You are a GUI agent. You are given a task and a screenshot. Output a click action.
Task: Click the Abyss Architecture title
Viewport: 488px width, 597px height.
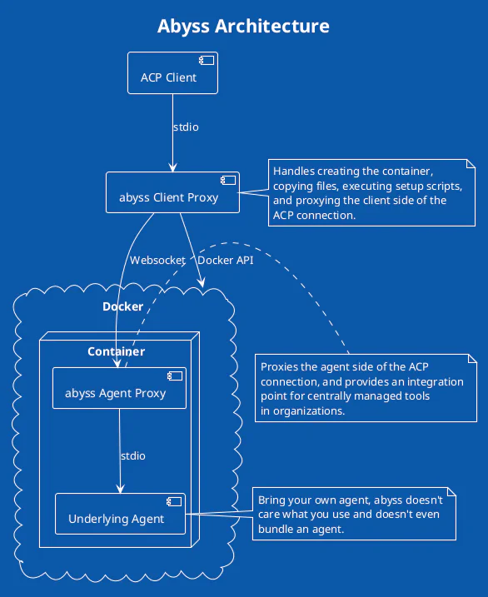coord(243,27)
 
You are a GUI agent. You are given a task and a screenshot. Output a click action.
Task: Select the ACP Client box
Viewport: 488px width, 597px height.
coord(173,72)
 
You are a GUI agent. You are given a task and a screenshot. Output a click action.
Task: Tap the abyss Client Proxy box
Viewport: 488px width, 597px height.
coord(173,192)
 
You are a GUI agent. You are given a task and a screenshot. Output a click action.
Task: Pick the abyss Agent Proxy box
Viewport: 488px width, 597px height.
coord(119,388)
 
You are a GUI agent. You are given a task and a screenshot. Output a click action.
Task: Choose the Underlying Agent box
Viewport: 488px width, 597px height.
coord(120,514)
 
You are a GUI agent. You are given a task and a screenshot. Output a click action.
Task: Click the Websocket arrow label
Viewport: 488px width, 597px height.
coord(157,260)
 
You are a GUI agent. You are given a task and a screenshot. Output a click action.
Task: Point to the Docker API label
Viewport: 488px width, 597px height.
coord(226,260)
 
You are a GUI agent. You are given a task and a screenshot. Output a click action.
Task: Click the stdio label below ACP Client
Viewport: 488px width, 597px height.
coord(186,127)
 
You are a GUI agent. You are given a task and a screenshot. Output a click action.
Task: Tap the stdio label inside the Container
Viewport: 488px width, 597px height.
coord(133,455)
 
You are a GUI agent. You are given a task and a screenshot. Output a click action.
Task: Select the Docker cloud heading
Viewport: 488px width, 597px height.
coord(123,306)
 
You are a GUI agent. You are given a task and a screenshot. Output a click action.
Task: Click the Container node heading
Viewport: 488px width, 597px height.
coord(116,351)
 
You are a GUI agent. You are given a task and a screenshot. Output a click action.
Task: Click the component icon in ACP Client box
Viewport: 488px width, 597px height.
coord(207,60)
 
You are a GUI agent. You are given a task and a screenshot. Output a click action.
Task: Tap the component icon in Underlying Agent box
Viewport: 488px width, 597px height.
coord(174,501)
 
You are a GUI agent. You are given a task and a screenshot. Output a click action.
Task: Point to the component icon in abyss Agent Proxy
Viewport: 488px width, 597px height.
coord(175,376)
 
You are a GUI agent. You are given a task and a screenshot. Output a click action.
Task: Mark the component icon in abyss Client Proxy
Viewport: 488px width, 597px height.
coord(228,180)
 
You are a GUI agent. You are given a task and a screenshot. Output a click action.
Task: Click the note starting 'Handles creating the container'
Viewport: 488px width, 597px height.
coord(372,192)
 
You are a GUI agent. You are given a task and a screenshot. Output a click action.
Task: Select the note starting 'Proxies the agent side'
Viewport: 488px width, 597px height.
coord(366,388)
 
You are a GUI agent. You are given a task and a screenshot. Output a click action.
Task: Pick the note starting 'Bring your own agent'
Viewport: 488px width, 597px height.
coord(354,514)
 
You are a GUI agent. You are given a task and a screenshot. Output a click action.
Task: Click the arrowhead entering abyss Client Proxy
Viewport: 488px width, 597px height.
coord(173,167)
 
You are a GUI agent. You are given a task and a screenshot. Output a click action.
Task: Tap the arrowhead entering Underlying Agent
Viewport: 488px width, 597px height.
coord(120,489)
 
